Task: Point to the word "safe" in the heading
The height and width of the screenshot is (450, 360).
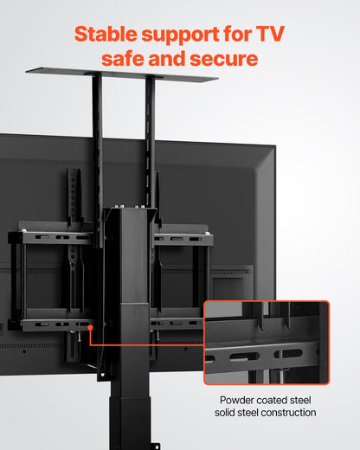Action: pos(125,59)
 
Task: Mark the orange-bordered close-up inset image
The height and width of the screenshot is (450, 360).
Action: pos(266,342)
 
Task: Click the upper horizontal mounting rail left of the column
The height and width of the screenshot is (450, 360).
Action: pos(56,236)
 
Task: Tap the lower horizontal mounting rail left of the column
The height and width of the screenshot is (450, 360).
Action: pos(52,325)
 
